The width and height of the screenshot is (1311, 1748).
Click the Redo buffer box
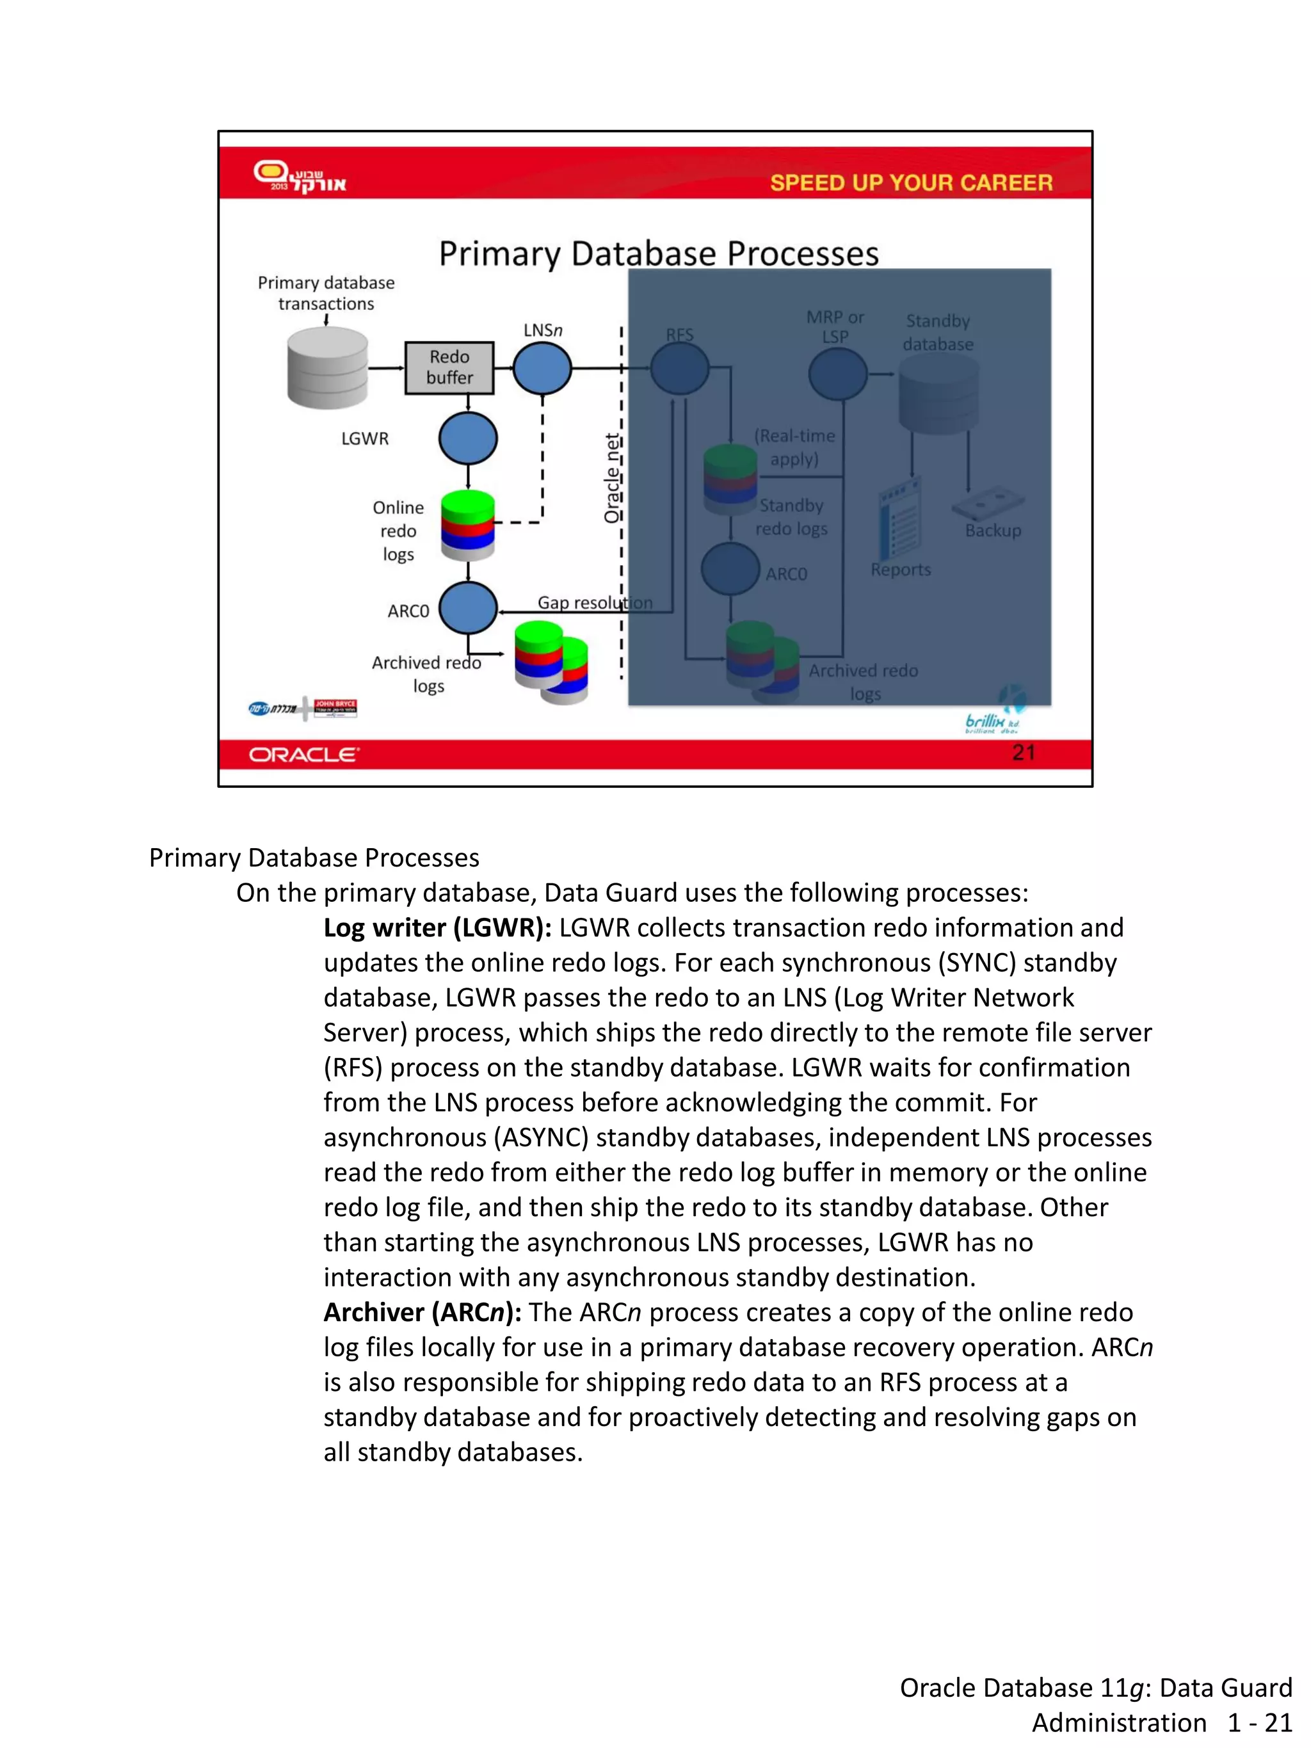click(x=449, y=367)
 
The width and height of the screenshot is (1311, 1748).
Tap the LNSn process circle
click(x=542, y=368)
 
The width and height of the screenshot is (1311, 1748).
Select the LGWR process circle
click(x=468, y=438)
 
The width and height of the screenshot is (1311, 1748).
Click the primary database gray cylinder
click(x=327, y=368)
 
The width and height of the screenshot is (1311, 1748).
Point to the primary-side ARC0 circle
click(x=468, y=609)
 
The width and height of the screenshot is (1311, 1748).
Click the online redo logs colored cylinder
click(x=468, y=525)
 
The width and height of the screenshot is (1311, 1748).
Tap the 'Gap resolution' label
click(x=594, y=602)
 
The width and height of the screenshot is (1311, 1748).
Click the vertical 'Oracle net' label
click(x=611, y=478)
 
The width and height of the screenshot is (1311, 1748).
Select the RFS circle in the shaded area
click(x=679, y=368)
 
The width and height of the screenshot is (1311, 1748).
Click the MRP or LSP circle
click(x=838, y=373)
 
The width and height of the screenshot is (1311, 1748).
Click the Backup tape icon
click(x=988, y=502)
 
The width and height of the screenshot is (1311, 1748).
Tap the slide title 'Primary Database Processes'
click(x=658, y=253)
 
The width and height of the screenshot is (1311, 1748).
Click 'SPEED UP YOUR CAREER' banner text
click(x=910, y=182)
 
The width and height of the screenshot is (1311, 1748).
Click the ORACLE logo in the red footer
click(x=304, y=755)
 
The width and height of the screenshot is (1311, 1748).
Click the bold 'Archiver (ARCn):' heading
click(x=422, y=1311)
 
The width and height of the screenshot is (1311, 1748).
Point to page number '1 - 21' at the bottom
click(x=1260, y=1722)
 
